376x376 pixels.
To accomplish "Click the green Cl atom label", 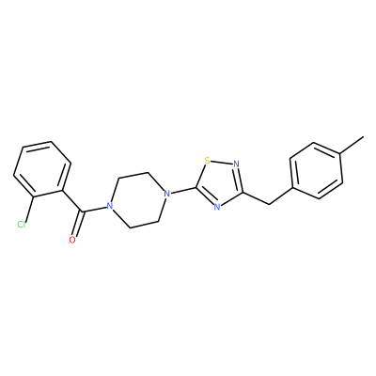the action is [21, 225].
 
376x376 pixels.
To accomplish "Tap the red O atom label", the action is [72, 240].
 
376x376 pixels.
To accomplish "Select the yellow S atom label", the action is [207, 161].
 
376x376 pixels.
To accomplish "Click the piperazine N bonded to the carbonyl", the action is [109, 206].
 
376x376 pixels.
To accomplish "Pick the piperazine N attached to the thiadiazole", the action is [167, 193].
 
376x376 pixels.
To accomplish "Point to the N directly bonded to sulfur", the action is [236, 164].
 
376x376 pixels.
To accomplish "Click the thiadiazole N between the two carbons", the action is [217, 207].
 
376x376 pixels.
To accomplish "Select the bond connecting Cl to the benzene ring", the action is [29, 209].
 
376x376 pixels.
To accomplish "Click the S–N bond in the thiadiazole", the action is [222, 163].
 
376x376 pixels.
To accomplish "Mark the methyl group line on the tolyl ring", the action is [352, 145].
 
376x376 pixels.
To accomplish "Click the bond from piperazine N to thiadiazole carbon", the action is [184, 190].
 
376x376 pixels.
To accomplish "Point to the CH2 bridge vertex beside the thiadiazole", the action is [269, 204].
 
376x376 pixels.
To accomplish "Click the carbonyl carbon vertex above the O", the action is [83, 212].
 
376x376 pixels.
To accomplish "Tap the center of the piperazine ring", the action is [138, 199].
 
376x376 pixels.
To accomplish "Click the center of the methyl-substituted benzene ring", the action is [317, 171].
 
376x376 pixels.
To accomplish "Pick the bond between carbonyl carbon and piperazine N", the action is [94, 210].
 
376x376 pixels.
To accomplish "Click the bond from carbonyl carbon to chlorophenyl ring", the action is [72, 201].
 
